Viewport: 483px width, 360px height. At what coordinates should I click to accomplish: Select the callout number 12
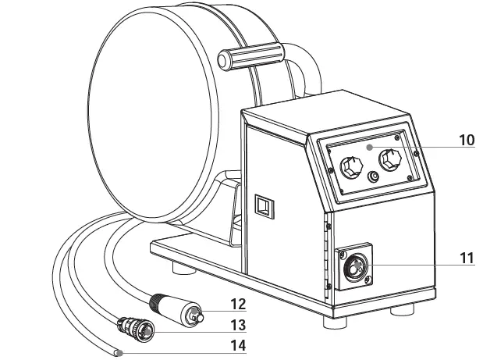pos(237,305)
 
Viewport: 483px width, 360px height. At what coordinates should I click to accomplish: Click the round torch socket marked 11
pos(355,268)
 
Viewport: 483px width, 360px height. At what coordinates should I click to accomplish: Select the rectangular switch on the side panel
pos(265,206)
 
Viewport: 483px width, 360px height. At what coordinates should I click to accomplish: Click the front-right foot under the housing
pos(401,309)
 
